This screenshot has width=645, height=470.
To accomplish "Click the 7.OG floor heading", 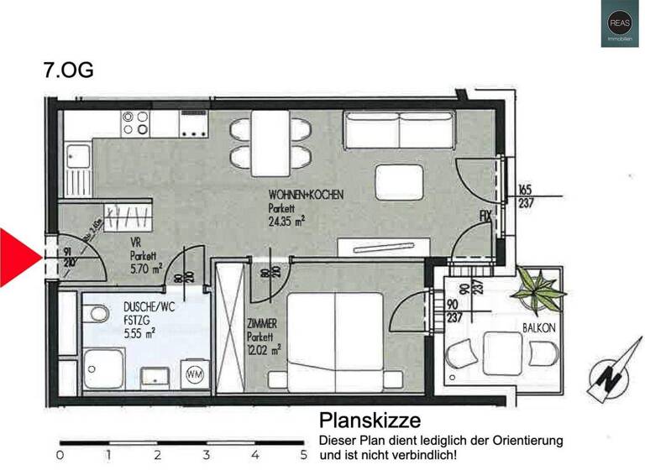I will (68, 69).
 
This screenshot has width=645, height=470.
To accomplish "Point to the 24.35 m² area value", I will (286, 222).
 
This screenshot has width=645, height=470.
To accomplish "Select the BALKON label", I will (538, 328).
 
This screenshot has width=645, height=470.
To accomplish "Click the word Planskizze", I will (369, 420).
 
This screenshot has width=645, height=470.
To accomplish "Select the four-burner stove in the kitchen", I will (135, 123).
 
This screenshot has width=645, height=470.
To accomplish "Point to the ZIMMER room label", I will (263, 323).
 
